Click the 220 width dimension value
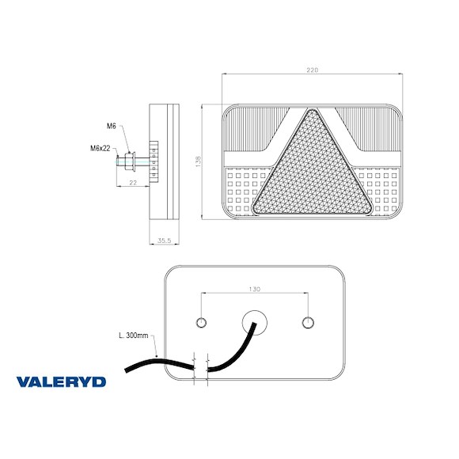(312, 71)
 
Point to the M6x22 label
(99, 148)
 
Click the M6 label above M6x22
(111, 126)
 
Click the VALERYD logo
(61, 381)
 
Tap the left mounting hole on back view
(202, 321)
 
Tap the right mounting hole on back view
(308, 321)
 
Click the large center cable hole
(255, 321)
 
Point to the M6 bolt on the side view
(127, 164)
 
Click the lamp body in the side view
(165, 162)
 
